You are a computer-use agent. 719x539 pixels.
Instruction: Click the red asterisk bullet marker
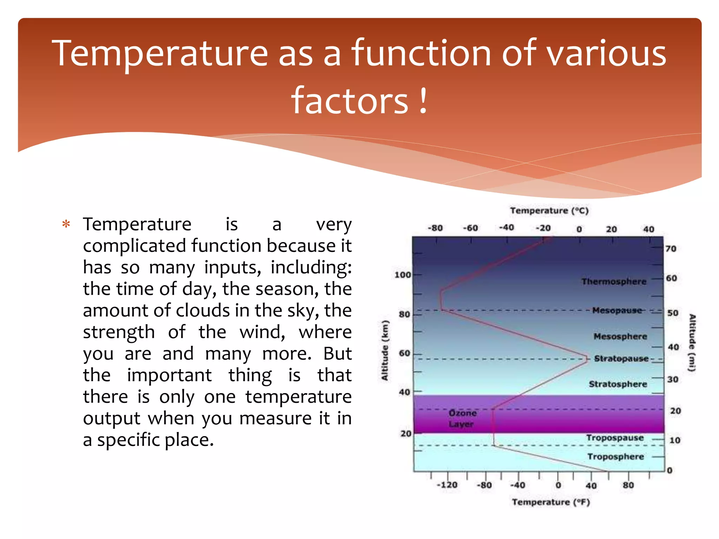click(66, 224)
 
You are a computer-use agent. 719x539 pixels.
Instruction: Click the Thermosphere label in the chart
click(614, 281)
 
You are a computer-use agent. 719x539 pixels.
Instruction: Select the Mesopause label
click(617, 310)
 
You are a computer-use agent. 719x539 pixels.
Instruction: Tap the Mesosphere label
click(620, 336)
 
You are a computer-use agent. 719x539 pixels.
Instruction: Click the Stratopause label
click(621, 359)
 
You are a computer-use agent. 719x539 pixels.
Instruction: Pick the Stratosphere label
click(618, 384)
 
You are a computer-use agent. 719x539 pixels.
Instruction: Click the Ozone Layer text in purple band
click(462, 418)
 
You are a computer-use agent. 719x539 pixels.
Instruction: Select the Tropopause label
click(615, 438)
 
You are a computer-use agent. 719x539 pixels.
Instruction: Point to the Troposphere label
click(615, 457)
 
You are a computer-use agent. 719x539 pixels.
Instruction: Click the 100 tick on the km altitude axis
click(402, 275)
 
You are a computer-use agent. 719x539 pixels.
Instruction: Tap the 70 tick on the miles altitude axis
click(671, 248)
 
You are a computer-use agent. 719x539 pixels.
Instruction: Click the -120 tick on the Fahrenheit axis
click(447, 485)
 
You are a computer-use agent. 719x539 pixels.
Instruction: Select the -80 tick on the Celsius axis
click(435, 228)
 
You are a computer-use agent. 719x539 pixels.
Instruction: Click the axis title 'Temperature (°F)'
click(550, 502)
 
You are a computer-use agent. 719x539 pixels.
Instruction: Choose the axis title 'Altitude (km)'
click(385, 350)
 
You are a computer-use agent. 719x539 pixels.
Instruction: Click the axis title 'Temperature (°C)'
click(549, 211)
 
